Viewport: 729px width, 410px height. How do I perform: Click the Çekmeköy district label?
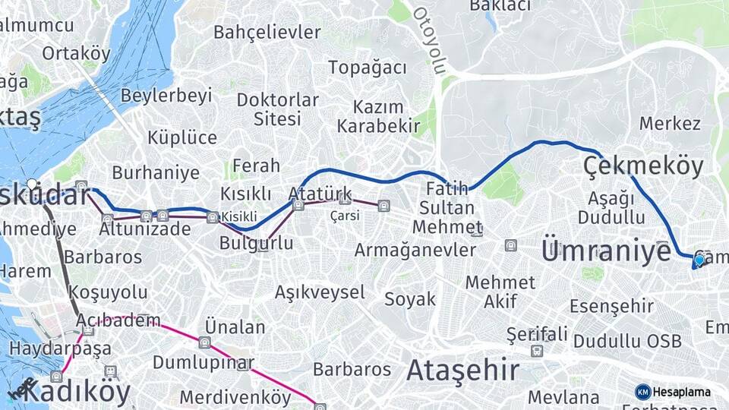pyautogui.click(x=643, y=166)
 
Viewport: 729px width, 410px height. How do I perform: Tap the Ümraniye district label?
pyautogui.click(x=607, y=250)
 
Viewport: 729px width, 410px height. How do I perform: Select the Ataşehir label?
pyautogui.click(x=463, y=371)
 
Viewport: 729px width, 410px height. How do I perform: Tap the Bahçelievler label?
pyautogui.click(x=267, y=33)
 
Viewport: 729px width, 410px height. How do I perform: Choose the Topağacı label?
pyautogui.click(x=368, y=68)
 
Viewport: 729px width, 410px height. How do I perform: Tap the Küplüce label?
pyautogui.click(x=182, y=137)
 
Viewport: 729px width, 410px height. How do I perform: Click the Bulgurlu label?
pyautogui.click(x=256, y=244)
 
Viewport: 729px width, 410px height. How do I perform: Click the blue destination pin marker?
pyautogui.click(x=699, y=260)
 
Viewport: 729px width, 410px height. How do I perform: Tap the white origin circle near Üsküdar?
pyautogui.click(x=32, y=184)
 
